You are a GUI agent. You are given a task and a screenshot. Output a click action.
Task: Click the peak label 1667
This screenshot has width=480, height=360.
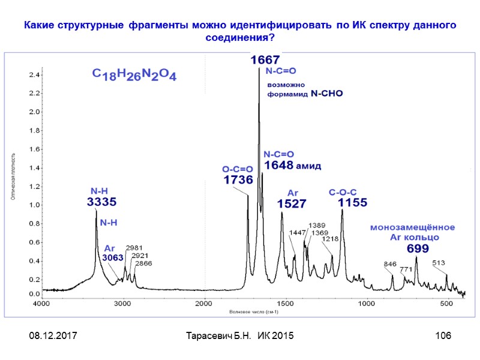pos(265,60)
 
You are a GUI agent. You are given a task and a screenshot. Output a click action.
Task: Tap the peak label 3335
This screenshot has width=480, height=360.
pos(101,202)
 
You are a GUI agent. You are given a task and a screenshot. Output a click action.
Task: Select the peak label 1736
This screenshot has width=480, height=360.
pos(238,180)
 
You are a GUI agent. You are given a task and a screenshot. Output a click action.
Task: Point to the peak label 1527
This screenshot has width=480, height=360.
pos(292,204)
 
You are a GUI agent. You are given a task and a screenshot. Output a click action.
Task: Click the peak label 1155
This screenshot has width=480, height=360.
pos(352,203)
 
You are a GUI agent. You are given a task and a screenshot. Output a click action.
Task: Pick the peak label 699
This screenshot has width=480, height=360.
pos(418,248)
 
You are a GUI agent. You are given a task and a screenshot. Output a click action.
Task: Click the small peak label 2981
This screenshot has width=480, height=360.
pos(134,247)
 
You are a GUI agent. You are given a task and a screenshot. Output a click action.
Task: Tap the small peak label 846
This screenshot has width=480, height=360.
pos(390,264)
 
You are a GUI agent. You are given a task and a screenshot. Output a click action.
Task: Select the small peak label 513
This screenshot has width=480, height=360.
pos(439,262)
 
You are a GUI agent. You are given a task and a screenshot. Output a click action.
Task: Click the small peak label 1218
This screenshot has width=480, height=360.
pos(331,239)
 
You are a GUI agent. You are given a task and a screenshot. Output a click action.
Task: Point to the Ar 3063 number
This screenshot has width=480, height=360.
pos(112,257)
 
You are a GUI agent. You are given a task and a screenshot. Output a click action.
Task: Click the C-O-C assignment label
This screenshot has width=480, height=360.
pos(343,192)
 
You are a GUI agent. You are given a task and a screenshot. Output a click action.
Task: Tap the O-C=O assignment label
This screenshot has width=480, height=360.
pos(238,170)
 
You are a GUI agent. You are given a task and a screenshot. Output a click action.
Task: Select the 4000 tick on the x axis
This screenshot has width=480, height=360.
pos(41,304)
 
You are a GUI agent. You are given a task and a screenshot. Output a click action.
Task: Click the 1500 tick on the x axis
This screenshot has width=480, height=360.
pos(285,304)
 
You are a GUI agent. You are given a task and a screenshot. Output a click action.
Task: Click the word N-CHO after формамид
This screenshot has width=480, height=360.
pos(327,94)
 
